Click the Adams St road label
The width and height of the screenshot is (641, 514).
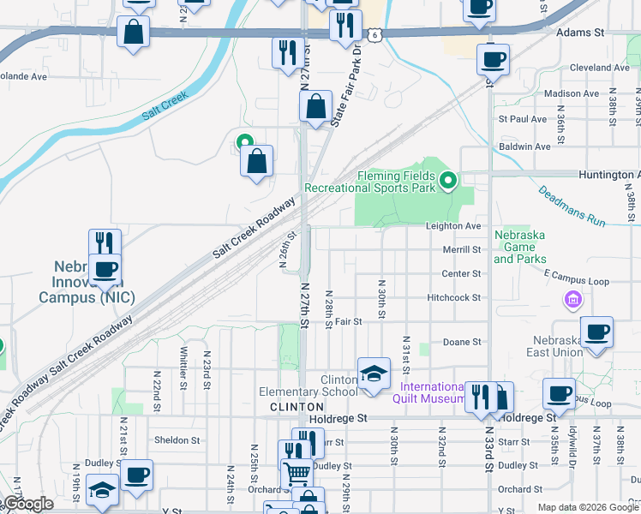click(580, 32)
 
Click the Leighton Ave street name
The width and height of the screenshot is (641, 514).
click(453, 226)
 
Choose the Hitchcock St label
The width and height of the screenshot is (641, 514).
click(454, 297)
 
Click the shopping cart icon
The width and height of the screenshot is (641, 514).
click(297, 472)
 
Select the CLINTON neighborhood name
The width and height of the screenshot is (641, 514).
click(297, 406)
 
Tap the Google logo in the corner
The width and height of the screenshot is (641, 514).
click(28, 504)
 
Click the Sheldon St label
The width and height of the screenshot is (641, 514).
click(177, 440)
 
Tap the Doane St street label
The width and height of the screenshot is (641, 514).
click(462, 342)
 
